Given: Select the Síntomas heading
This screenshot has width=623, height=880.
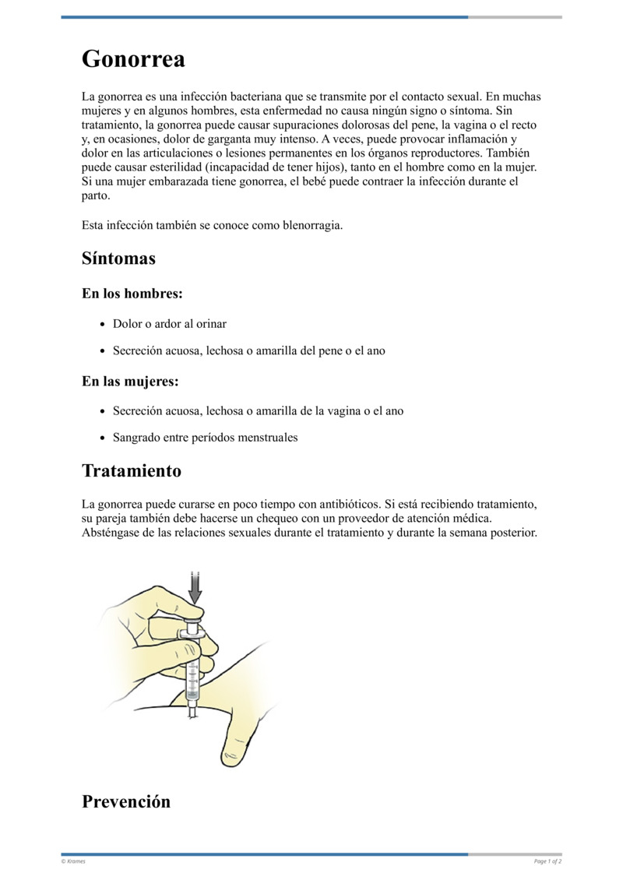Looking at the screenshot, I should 118,259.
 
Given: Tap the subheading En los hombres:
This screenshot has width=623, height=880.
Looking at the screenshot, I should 132,294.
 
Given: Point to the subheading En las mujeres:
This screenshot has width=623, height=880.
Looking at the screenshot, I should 130,382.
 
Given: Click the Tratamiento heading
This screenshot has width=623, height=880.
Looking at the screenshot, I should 132,471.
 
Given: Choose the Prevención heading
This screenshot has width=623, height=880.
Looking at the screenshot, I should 126,801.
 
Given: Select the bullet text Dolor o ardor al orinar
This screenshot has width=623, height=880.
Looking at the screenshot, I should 170,323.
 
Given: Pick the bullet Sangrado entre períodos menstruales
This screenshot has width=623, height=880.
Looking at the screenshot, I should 205,438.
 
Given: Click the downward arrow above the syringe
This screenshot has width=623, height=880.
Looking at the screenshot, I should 195,586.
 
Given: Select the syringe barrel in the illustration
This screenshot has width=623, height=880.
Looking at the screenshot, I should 193,670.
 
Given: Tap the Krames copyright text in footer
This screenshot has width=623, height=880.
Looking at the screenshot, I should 74,861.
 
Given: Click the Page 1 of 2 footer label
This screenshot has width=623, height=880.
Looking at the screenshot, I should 547,861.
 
